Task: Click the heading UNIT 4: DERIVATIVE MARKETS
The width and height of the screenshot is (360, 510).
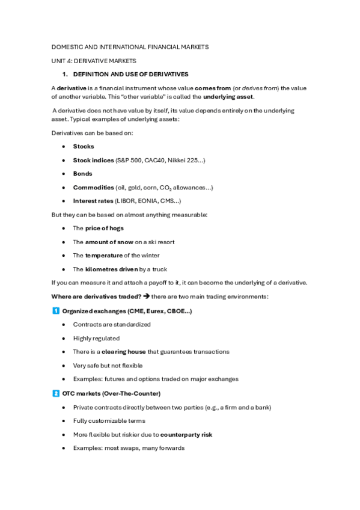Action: [x=94, y=61]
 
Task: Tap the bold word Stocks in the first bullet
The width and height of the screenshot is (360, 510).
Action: [x=84, y=146]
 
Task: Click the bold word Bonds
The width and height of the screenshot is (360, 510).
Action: [x=82, y=174]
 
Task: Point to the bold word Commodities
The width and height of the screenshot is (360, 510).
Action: [x=93, y=188]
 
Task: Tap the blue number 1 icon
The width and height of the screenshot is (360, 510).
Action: [x=55, y=310]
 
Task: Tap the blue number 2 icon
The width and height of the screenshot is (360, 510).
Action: [x=55, y=393]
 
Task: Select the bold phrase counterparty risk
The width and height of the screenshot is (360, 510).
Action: [x=186, y=434]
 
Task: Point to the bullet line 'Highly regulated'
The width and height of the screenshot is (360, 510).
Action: [x=96, y=338]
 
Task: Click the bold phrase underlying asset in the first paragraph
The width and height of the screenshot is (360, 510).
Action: [x=228, y=97]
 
